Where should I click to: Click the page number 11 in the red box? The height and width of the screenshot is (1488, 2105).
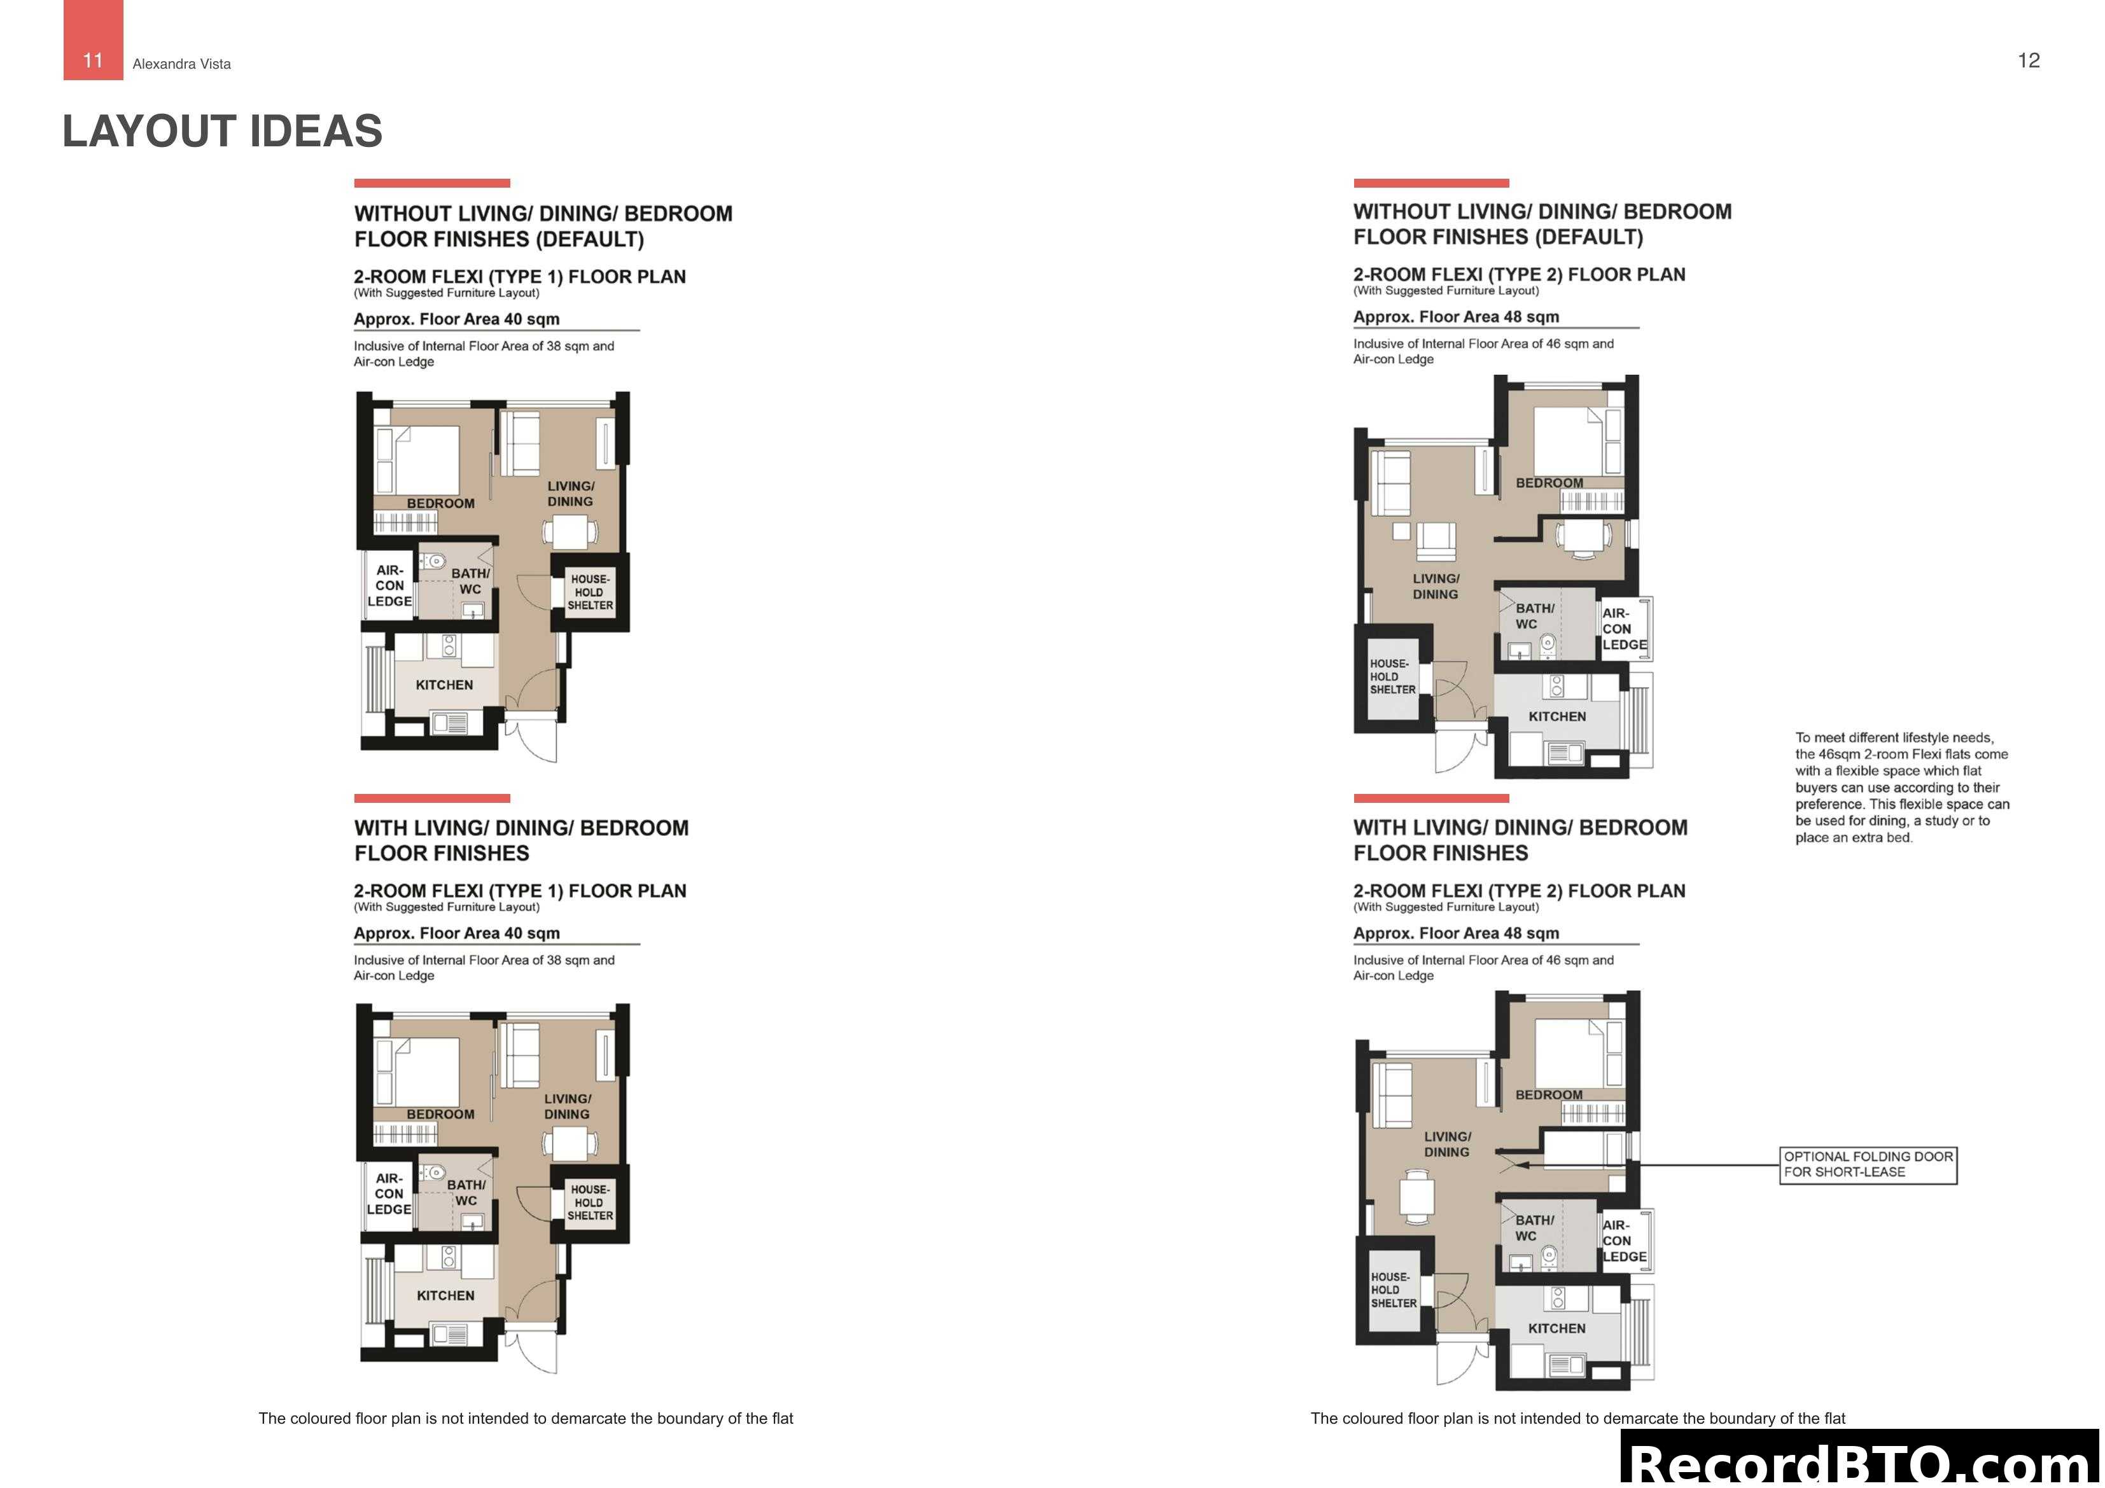click(x=93, y=60)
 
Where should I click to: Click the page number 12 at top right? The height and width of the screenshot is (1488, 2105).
click(x=2028, y=60)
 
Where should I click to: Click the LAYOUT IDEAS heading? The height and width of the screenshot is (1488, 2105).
click(x=222, y=131)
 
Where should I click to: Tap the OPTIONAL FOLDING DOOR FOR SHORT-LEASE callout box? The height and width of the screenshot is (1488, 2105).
click(x=1868, y=1164)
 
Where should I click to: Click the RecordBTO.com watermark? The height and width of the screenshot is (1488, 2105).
click(x=1861, y=1463)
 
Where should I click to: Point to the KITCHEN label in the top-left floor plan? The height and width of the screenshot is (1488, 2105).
click(x=444, y=685)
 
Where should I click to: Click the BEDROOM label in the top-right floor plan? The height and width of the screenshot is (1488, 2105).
click(x=1548, y=483)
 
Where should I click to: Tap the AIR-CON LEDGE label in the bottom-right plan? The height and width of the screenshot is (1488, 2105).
click(x=1624, y=1241)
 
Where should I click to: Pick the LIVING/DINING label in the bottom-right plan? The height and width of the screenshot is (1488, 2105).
click(x=1447, y=1144)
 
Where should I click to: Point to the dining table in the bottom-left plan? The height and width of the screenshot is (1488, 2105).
click(x=570, y=1143)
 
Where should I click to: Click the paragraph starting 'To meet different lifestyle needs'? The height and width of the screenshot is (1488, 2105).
click(x=1901, y=788)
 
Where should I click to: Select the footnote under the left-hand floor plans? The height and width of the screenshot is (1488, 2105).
click(x=526, y=1418)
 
